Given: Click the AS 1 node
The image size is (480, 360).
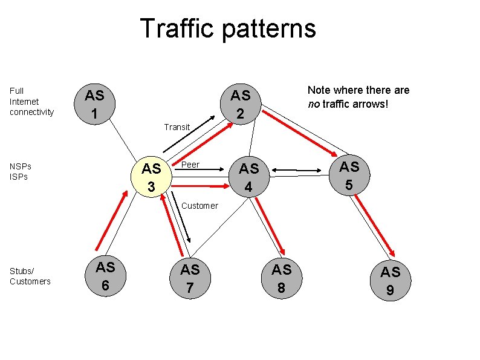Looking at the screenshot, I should [x=94, y=104].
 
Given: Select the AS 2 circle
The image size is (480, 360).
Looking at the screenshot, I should [x=240, y=104].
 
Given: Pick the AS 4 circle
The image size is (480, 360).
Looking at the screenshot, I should [x=248, y=177].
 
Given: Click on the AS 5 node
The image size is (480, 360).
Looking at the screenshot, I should [x=349, y=175].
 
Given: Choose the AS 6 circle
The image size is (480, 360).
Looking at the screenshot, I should [x=106, y=275].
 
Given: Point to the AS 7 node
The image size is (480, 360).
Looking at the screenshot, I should [x=190, y=278].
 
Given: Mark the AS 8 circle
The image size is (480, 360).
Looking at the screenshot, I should [x=281, y=278].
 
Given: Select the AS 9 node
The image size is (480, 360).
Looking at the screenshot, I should [x=390, y=281].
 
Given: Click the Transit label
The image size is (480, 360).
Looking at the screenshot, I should [x=177, y=127].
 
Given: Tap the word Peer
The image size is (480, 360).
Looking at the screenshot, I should [x=190, y=165].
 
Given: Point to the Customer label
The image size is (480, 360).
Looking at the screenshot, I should [x=199, y=206].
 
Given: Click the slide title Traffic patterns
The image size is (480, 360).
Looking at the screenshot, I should [x=227, y=28].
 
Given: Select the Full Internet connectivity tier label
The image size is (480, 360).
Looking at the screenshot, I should [x=31, y=101].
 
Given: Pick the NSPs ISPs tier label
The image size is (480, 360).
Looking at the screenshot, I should [x=21, y=171].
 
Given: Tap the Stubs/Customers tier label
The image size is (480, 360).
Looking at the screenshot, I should [x=30, y=276].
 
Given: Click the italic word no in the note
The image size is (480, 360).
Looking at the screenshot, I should [x=313, y=103].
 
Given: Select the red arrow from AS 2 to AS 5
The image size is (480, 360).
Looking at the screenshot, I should [x=300, y=132].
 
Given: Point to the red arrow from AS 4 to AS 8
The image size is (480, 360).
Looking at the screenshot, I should [x=270, y=224].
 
